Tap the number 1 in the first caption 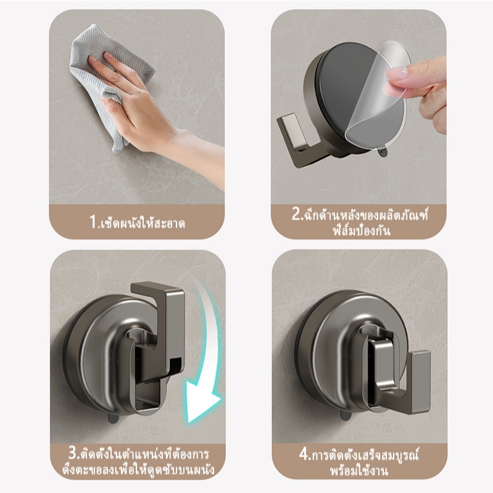coord(93,221)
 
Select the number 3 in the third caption coord(73,454)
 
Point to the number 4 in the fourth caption coord(304,454)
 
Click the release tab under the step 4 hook coord(346,416)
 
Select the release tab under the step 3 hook coord(113,418)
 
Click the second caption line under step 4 coord(358,471)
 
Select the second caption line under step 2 coord(362,231)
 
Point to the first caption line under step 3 coord(139,454)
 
